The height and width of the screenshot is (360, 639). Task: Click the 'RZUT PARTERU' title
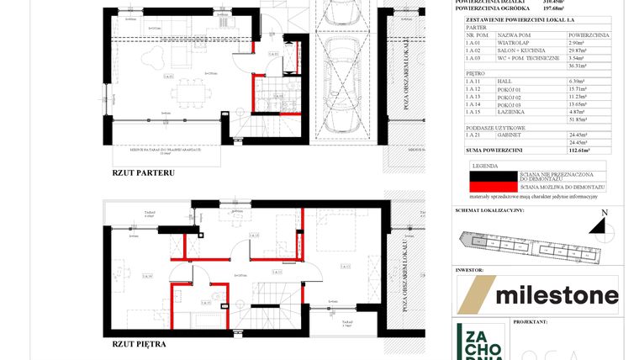pos(142,172)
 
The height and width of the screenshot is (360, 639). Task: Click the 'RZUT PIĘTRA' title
pos(138,344)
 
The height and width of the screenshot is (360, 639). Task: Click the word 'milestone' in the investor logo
pos(557,295)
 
